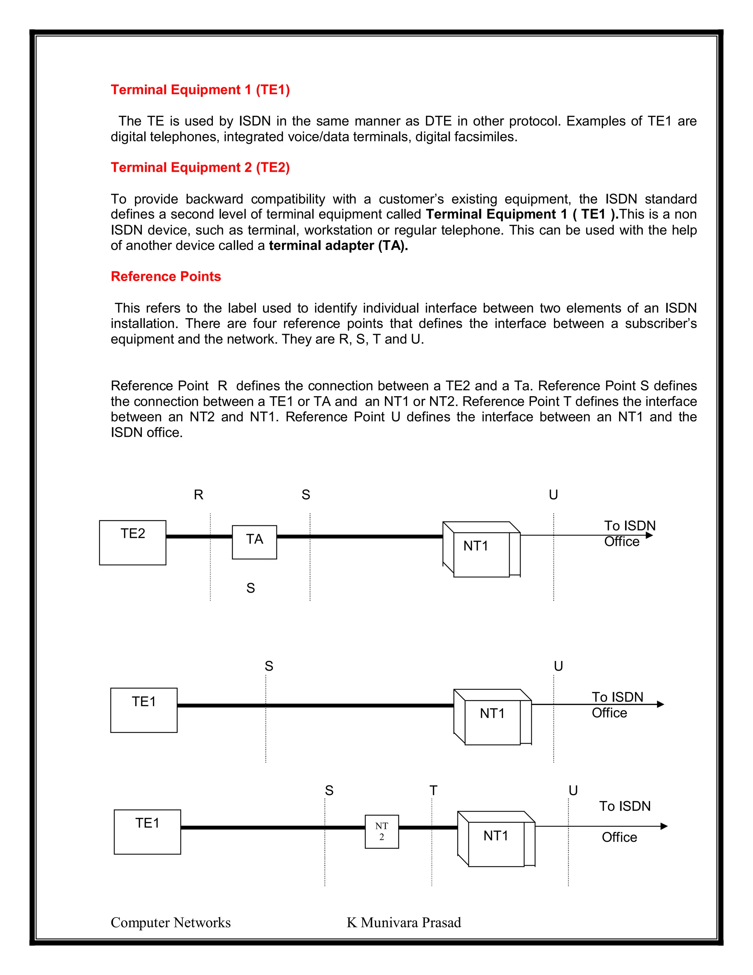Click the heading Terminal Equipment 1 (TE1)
coord(200,90)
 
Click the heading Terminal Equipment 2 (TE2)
coord(200,167)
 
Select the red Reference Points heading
coord(165,276)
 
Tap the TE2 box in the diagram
coord(132,542)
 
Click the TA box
coord(254,542)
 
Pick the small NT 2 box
coord(381,831)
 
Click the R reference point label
coord(199,494)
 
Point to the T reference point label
coord(433,791)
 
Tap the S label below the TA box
coord(251,588)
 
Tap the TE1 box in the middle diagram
coord(144,710)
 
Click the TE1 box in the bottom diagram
coord(147,832)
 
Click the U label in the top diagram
coord(553,494)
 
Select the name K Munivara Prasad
coord(404,922)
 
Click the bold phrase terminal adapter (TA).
coord(338,245)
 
